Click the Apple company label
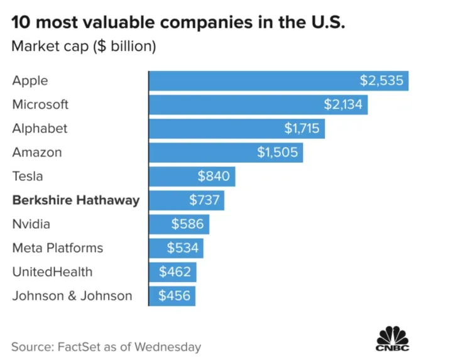[x=30, y=81]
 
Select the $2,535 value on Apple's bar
[x=382, y=81]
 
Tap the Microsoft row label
[x=40, y=104]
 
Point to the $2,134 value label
[x=343, y=104]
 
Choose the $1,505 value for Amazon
[x=278, y=152]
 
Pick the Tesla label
[x=28, y=177]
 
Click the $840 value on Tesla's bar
[x=214, y=177]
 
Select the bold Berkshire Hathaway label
[x=76, y=200]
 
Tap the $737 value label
[x=204, y=200]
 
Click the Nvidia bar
[x=179, y=224]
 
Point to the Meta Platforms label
[x=58, y=248]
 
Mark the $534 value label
[x=183, y=248]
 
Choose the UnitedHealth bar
[x=173, y=272]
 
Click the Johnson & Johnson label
[x=72, y=296]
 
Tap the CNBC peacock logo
[x=393, y=339]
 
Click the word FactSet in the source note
[x=80, y=346]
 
